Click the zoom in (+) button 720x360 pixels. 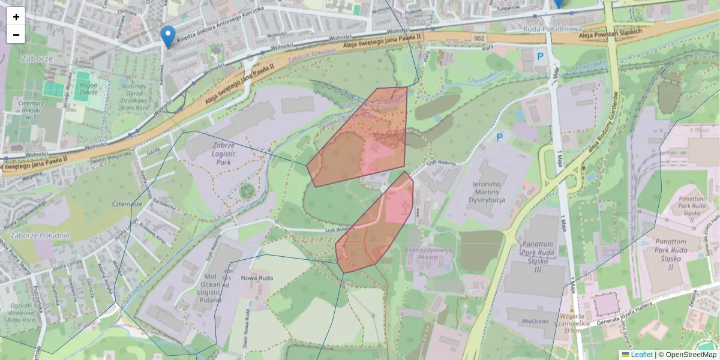point(16,17)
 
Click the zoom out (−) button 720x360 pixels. point(16,35)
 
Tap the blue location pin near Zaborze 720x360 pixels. point(169,37)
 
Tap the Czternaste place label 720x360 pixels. point(127,204)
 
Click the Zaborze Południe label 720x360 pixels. point(36,235)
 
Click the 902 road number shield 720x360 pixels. point(478,38)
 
